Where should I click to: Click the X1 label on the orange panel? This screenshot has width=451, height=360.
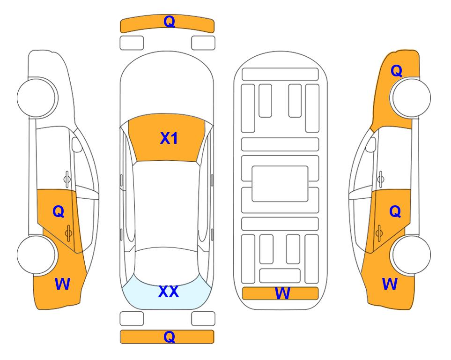[169, 138]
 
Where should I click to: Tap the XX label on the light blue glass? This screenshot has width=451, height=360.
[169, 292]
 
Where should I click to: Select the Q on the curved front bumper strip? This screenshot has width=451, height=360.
[169, 22]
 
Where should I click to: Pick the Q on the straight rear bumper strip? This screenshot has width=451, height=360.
[169, 337]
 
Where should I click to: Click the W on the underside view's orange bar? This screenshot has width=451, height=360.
[282, 293]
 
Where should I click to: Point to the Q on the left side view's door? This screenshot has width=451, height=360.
[59, 212]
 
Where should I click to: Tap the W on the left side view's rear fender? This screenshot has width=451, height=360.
[62, 284]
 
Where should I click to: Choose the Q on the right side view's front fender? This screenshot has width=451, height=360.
[396, 71]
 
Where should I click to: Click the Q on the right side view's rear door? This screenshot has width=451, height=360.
[395, 212]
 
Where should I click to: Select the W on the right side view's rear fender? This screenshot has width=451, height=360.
[390, 284]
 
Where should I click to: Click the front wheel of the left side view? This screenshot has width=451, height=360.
[37, 97]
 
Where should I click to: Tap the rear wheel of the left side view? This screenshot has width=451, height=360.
[37, 255]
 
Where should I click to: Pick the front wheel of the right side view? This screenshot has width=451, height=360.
[411, 97]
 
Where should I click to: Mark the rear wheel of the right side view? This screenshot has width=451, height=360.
[411, 255]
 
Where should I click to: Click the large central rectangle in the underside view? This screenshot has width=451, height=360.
[280, 184]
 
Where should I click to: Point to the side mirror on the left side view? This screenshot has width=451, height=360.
[77, 144]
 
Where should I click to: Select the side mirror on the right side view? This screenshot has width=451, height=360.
[371, 144]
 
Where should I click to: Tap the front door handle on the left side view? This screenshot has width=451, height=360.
[67, 179]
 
